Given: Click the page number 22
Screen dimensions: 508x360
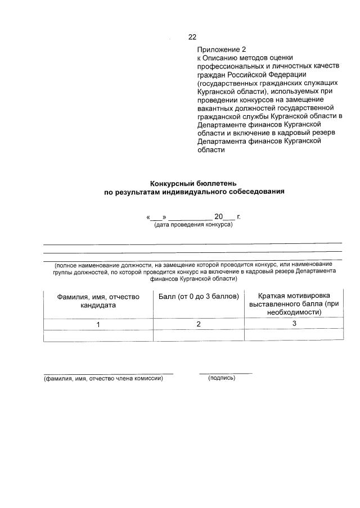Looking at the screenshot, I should pyautogui.click(x=192, y=37).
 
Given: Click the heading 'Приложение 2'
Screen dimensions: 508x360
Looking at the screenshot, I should pyautogui.click(x=222, y=49).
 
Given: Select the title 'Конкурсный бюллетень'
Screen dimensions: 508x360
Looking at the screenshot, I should pyautogui.click(x=193, y=183).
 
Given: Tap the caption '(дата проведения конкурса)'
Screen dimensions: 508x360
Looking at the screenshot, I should pyautogui.click(x=193, y=225).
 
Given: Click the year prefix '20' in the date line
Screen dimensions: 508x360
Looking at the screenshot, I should pyautogui.click(x=218, y=216).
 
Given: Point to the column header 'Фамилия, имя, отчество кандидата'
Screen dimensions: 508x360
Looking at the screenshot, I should pyautogui.click(x=98, y=301).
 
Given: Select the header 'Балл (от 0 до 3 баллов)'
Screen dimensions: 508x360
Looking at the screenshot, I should pyautogui.click(x=199, y=296).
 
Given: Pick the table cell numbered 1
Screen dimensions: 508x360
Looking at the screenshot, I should pyautogui.click(x=98, y=324).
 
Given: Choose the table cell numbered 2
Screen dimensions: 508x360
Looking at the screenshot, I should pyautogui.click(x=199, y=324).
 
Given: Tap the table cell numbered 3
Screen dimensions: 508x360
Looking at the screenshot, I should pyautogui.click(x=294, y=324).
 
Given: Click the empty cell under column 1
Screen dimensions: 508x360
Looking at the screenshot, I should pyautogui.click(x=98, y=335).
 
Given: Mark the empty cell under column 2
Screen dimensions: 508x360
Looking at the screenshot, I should pyautogui.click(x=199, y=335).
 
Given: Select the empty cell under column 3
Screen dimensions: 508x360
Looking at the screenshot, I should pyautogui.click(x=294, y=335).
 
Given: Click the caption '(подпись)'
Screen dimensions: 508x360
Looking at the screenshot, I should pyautogui.click(x=222, y=378).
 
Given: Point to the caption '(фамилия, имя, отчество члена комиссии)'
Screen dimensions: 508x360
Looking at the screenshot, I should pyautogui.click(x=103, y=378).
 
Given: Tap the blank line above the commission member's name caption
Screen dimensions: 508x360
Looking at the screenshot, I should pyautogui.click(x=108, y=373).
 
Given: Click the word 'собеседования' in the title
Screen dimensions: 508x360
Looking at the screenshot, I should pyautogui.click(x=258, y=192).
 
